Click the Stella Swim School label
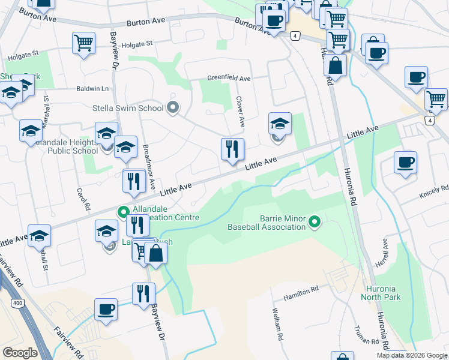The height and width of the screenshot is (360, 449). [128, 109]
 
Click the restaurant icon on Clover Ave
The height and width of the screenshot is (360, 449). [232, 149]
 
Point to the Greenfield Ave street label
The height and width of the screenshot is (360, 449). [229, 78]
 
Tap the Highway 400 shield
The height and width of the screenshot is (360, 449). [17, 304]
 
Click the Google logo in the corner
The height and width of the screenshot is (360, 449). [20, 353]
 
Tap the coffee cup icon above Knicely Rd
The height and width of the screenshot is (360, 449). [406, 162]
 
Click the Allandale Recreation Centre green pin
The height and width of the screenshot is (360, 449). [124, 212]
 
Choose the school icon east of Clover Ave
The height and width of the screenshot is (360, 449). [280, 124]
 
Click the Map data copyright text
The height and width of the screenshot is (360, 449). [412, 355]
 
